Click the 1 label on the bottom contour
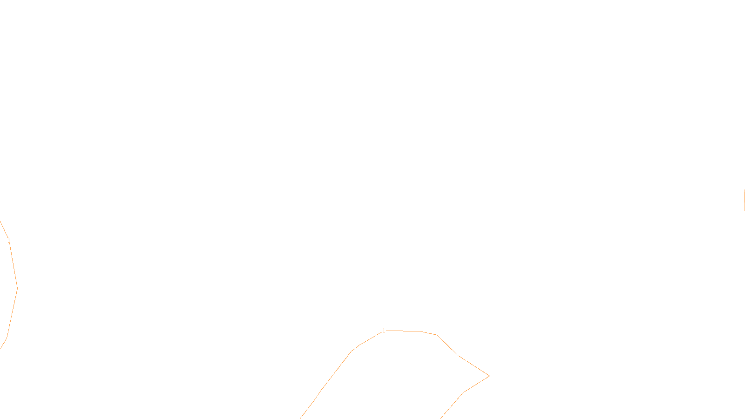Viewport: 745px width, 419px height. coord(384,331)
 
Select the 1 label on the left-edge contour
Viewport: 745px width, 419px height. coord(9,241)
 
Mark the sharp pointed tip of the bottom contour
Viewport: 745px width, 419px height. coord(489,376)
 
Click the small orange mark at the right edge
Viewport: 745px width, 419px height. coord(744,197)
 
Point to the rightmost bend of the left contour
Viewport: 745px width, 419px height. coord(17,289)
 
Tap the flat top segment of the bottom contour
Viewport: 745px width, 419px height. coord(403,331)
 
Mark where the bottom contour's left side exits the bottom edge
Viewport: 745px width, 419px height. coord(301,418)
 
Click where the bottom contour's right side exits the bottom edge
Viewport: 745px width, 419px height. coord(440,418)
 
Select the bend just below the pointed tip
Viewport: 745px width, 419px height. coord(463,393)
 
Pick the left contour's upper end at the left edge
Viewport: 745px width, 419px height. coord(0,222)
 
